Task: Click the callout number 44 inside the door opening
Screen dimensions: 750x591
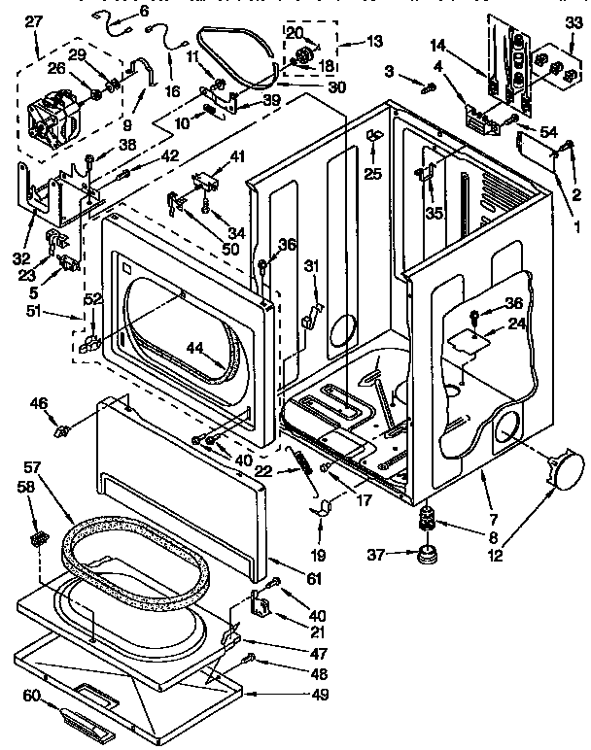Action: (195, 346)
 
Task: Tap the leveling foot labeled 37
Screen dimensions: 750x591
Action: (425, 557)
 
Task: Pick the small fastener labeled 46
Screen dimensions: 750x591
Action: (64, 428)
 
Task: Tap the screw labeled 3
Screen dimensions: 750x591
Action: (425, 88)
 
